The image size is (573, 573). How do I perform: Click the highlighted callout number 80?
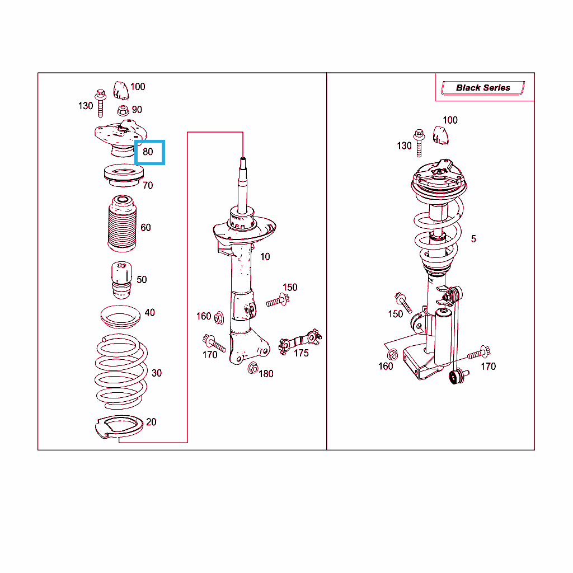(148, 152)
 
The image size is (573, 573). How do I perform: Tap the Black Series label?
(483, 88)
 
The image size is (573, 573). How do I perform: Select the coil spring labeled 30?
(121, 372)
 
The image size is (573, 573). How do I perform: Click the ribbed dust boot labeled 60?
(122, 224)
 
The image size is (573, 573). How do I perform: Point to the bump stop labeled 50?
(121, 280)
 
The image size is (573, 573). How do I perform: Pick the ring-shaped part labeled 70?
(124, 175)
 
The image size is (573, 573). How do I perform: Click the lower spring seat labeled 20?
(119, 427)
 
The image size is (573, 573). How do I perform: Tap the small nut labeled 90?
(123, 110)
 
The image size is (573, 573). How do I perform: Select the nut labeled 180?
(253, 368)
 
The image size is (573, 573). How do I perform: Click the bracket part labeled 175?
(300, 341)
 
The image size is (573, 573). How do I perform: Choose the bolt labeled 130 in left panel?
(100, 103)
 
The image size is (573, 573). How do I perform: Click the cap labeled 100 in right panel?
(440, 135)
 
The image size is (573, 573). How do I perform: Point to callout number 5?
(473, 239)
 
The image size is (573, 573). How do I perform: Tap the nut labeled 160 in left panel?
(219, 318)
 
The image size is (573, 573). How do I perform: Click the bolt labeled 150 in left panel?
(278, 300)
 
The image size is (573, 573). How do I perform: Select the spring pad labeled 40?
(121, 317)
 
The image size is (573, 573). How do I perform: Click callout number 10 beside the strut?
(265, 256)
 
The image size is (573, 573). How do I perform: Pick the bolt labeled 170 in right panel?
(479, 353)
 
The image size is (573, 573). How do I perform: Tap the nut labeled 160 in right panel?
(392, 354)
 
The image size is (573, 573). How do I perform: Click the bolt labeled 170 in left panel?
(214, 343)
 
